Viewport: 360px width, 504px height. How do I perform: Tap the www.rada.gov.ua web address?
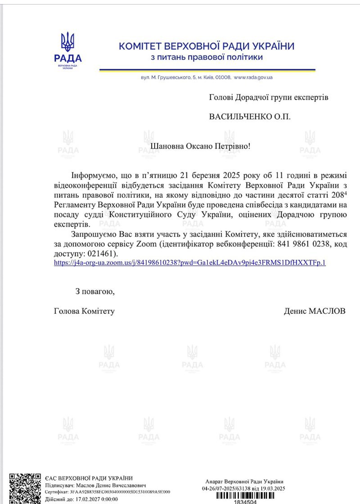[253, 77]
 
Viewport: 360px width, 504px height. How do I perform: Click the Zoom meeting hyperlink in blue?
[189, 262]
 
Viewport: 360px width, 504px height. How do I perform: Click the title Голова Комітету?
[84, 311]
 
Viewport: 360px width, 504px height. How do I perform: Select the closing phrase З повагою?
[95, 291]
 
